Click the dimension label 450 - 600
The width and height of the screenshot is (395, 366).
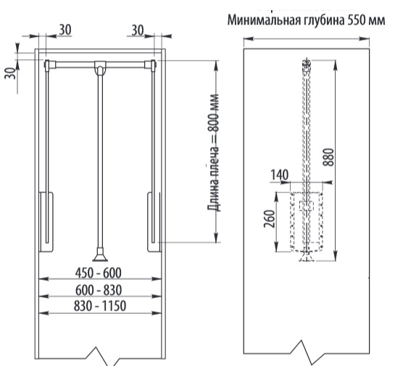99,273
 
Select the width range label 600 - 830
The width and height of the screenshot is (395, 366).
99,290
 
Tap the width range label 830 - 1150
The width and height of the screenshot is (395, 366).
100,307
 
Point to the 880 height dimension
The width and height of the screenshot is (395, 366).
328,158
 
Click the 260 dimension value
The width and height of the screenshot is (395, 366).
269,219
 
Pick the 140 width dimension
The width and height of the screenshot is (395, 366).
279,175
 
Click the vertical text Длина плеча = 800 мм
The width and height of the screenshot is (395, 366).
213,153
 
